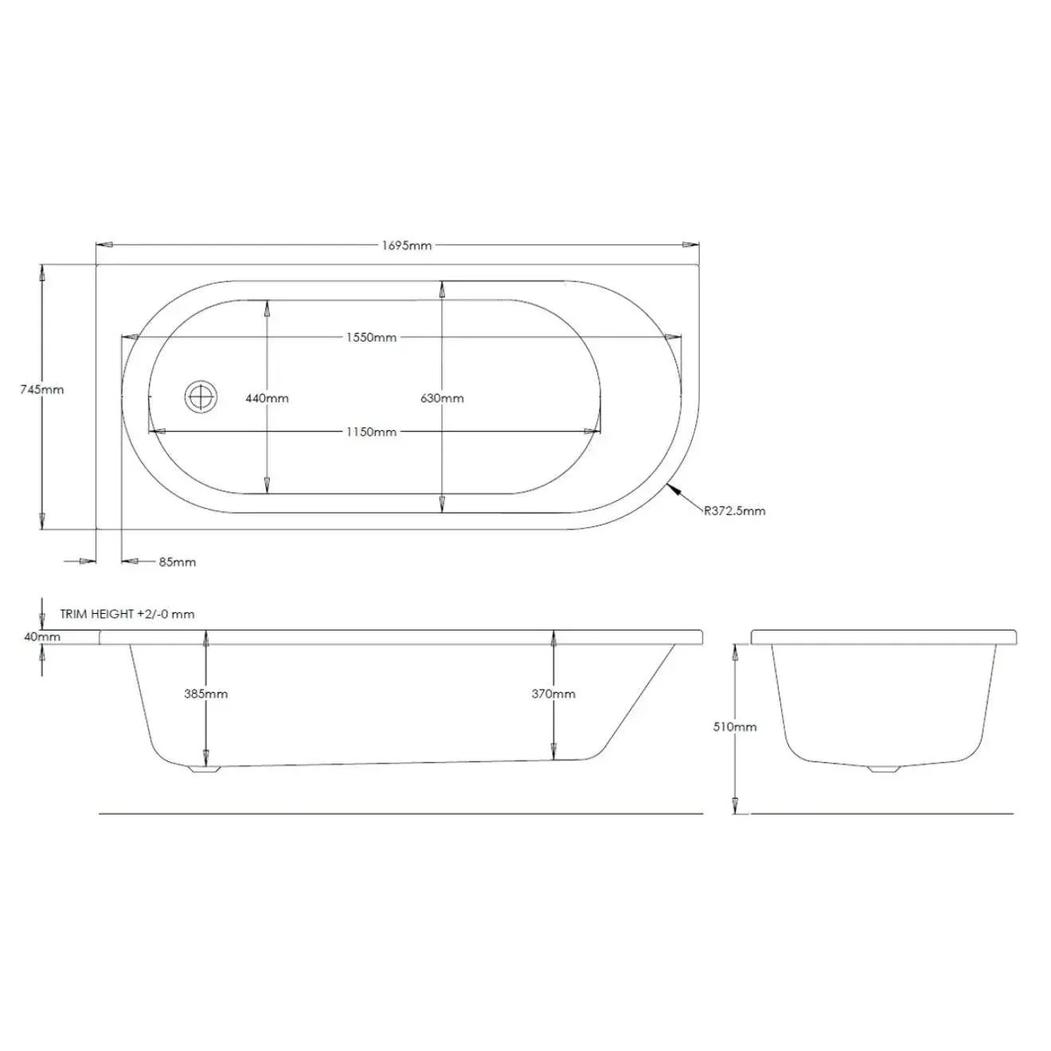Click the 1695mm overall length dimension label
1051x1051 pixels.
click(x=406, y=245)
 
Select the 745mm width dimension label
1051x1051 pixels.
click(x=42, y=389)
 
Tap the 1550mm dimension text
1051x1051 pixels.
click(x=371, y=337)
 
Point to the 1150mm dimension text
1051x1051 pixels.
click(x=371, y=432)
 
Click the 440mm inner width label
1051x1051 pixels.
click(x=267, y=398)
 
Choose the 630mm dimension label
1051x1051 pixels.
click(x=442, y=398)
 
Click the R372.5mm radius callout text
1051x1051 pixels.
click(x=734, y=510)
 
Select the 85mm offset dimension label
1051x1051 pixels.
click(x=178, y=561)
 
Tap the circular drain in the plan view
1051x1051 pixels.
click(x=201, y=396)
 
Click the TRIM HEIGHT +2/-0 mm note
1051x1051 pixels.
click(x=127, y=614)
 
